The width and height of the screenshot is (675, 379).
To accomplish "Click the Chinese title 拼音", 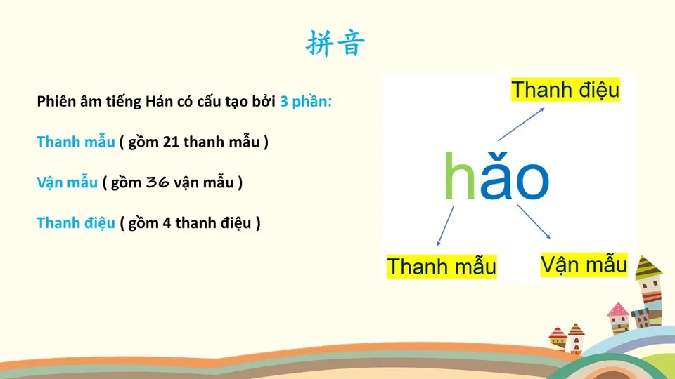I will [336, 44].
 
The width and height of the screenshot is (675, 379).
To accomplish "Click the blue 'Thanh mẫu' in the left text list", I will [75, 142].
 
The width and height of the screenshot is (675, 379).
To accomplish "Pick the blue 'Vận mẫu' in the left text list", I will [67, 183].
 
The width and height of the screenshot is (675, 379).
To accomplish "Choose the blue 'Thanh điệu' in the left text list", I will [75, 224].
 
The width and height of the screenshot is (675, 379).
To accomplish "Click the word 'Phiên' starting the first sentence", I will [55, 102].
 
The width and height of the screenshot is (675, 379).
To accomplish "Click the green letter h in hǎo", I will [460, 175].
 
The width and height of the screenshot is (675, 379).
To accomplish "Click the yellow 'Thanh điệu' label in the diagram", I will [565, 91].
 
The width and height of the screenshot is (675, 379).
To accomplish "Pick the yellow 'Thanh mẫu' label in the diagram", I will [442, 267].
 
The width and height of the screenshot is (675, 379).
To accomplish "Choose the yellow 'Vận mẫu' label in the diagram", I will [584, 265].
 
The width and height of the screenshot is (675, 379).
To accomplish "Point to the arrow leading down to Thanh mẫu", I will [444, 224].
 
